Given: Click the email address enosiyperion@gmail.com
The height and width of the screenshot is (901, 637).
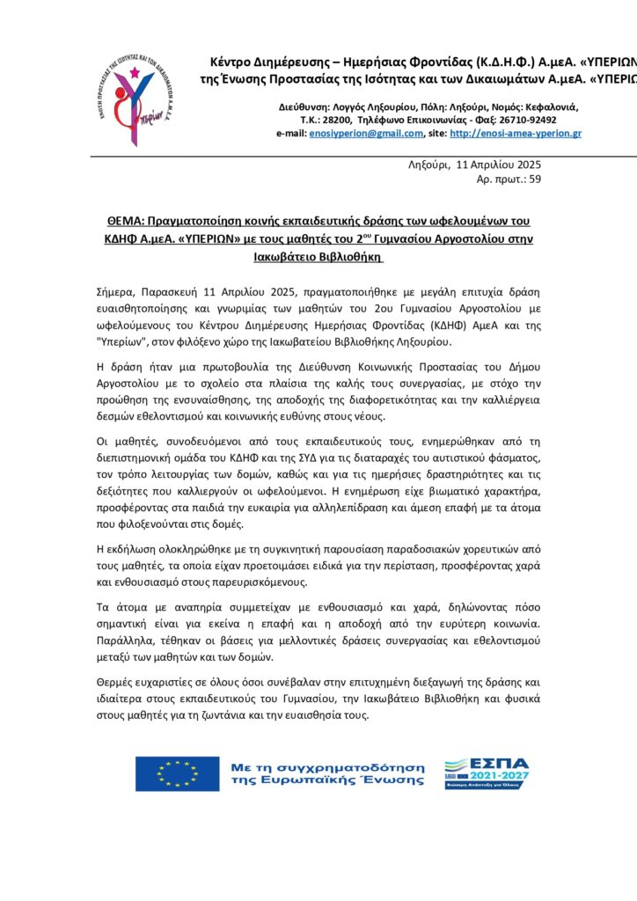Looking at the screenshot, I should pos(366,134).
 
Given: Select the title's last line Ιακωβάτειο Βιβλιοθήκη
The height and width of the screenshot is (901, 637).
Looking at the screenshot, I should pos(318,257).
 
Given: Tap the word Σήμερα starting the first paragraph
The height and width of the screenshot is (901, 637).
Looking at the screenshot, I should pos(118,289).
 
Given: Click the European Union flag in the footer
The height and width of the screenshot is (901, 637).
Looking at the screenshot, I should pos(177,773).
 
